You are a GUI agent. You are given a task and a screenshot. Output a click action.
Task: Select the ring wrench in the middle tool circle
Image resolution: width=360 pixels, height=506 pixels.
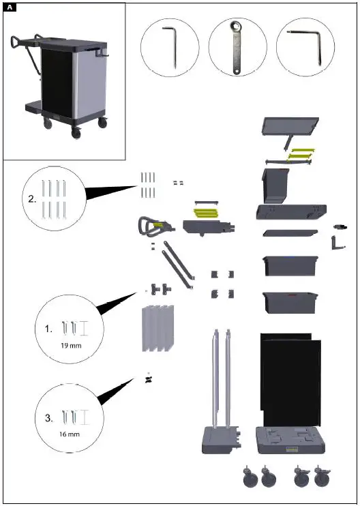pyautogui.click(x=238, y=48)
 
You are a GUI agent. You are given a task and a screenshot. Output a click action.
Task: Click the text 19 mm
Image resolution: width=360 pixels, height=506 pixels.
pyautogui.click(x=70, y=346)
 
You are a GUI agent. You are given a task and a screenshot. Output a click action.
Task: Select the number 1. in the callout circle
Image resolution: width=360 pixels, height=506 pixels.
pyautogui.click(x=48, y=328)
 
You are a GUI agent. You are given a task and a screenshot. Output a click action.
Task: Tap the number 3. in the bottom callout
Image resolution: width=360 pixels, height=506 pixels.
pyautogui.click(x=48, y=418)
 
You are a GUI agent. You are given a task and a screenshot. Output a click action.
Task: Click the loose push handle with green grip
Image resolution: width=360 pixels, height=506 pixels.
pyautogui.click(x=150, y=226)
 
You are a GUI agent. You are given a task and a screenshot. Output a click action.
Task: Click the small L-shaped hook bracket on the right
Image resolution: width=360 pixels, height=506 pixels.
pyautogui.click(x=336, y=243)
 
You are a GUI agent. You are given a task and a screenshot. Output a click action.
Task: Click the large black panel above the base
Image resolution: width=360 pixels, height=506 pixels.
pyautogui.click(x=289, y=375)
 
